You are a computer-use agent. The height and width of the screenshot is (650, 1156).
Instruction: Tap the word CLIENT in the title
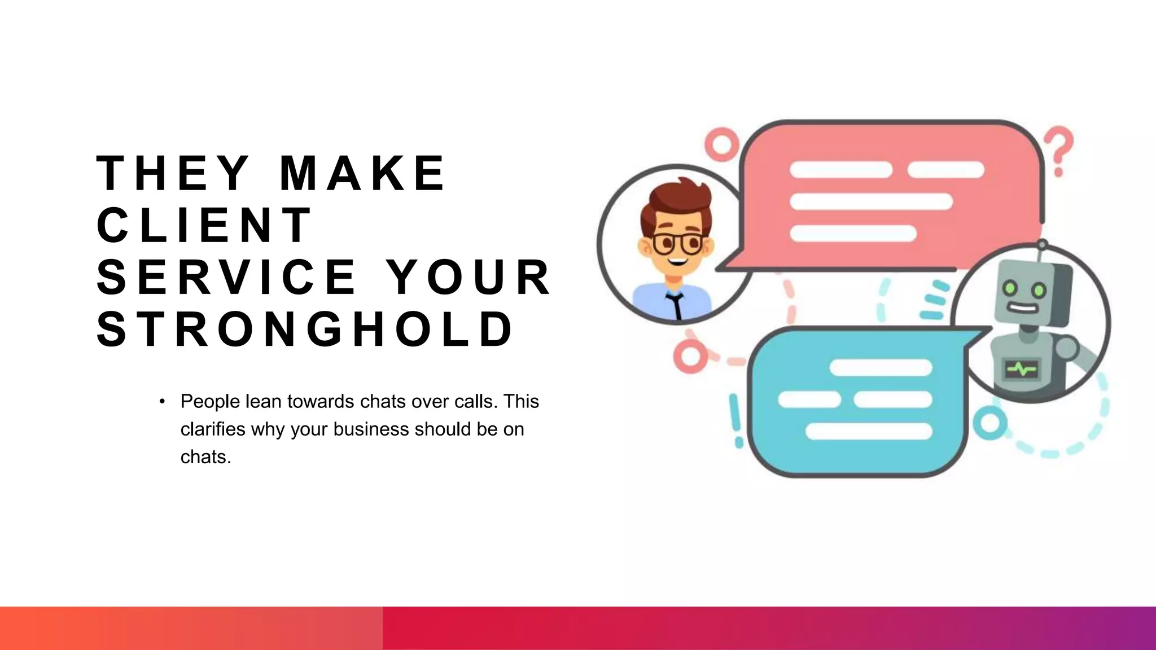(x=204, y=225)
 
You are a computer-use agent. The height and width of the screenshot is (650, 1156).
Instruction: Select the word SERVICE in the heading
(x=226, y=277)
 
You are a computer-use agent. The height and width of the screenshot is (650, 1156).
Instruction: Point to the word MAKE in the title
(x=363, y=173)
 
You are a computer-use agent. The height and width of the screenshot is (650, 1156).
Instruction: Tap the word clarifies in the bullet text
(x=213, y=429)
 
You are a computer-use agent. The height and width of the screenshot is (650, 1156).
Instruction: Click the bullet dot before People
(x=162, y=401)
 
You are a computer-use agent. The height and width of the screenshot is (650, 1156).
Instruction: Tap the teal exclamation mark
(x=736, y=420)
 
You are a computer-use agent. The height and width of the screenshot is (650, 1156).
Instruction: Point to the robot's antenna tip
(x=1043, y=244)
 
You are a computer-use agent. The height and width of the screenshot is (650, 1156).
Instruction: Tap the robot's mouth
(x=1022, y=309)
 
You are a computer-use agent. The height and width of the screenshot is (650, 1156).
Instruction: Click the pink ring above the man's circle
(x=721, y=144)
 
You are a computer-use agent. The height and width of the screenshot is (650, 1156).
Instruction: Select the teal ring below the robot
(x=989, y=423)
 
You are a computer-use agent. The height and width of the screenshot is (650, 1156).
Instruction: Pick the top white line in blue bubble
(x=881, y=368)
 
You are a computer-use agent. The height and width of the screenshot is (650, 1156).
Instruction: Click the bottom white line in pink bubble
(x=853, y=233)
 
